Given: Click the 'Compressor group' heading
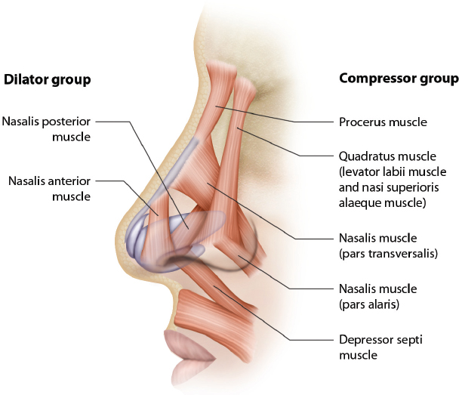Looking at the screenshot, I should pos(399,78).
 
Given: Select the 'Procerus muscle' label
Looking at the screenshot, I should pos(383,122).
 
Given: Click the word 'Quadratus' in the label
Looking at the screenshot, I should pos(365,156).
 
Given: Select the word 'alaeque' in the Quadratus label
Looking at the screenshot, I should pos(362,202).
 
